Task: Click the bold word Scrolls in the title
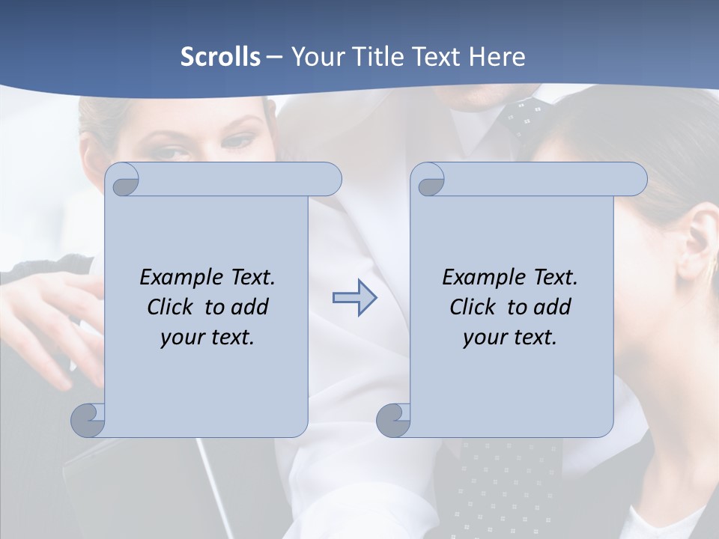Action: click(220, 56)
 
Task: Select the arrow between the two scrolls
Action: click(354, 298)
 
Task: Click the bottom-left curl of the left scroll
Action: click(88, 419)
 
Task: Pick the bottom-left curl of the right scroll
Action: click(393, 419)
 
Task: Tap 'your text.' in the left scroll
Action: click(207, 337)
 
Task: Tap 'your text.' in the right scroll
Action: click(510, 337)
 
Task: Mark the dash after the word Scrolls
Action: click(275, 57)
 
